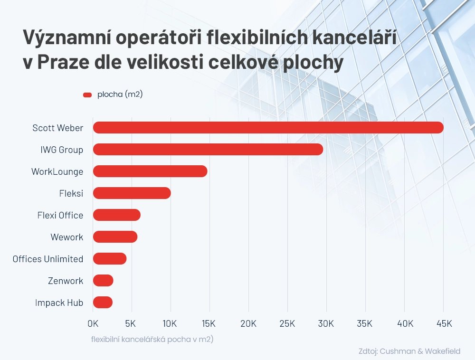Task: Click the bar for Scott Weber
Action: (268, 128)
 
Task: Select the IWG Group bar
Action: (208, 150)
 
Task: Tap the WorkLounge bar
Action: (150, 171)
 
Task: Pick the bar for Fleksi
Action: (132, 193)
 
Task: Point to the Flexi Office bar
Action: (116, 215)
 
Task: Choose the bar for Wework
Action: (115, 237)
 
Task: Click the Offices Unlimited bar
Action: (109, 259)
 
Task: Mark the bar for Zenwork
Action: (103, 281)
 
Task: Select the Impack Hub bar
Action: (103, 303)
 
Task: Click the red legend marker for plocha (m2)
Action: (87, 95)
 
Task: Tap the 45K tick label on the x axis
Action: (444, 323)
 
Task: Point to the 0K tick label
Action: (93, 323)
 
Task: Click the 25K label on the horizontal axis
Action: (287, 323)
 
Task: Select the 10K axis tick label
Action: (170, 323)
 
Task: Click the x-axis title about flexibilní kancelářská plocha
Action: (152, 340)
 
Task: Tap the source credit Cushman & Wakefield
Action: (409, 351)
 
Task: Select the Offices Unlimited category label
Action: (48, 259)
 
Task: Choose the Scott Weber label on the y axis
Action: (57, 128)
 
